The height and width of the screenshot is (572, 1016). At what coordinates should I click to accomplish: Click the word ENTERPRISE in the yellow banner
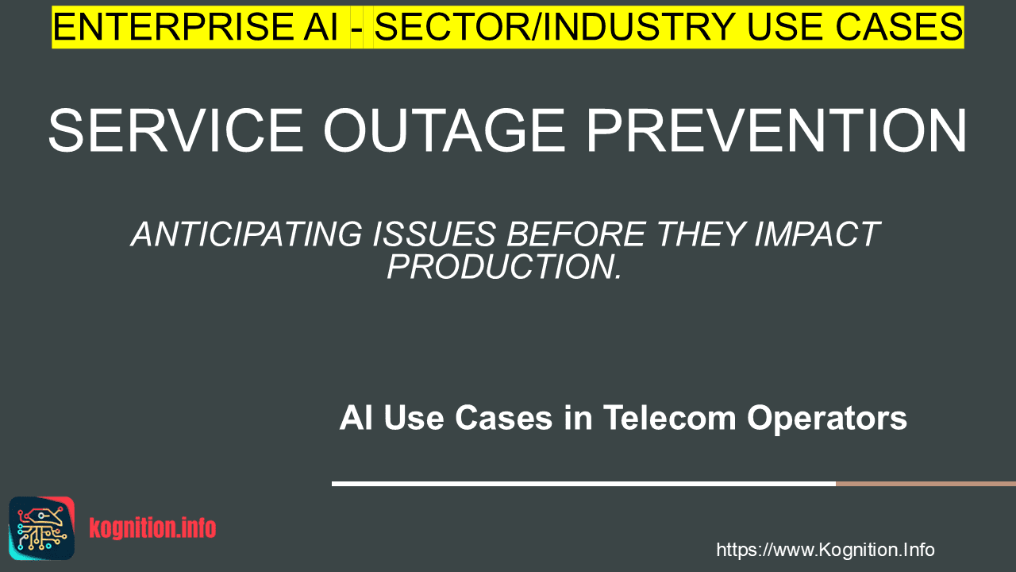(x=172, y=27)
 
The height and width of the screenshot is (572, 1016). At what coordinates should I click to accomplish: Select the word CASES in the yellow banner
(x=899, y=27)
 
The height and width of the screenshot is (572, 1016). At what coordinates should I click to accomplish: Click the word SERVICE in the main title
(x=175, y=130)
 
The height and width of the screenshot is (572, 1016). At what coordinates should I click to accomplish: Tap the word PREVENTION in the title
(x=776, y=130)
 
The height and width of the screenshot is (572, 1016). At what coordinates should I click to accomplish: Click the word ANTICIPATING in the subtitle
(x=247, y=234)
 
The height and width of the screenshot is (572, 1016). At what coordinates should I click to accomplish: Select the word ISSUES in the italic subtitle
(x=434, y=234)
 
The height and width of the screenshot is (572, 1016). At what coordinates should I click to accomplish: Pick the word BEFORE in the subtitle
(x=576, y=234)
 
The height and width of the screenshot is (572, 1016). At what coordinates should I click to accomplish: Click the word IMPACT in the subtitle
(x=817, y=234)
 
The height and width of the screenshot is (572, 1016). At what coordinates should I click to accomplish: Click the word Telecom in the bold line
(x=669, y=418)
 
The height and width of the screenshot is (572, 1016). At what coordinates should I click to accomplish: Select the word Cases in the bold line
(x=503, y=418)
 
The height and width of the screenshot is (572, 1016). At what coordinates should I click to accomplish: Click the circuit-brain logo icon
(x=42, y=528)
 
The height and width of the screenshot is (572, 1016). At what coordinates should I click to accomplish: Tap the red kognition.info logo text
(x=152, y=528)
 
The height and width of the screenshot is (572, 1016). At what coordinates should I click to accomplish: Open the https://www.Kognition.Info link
(x=825, y=551)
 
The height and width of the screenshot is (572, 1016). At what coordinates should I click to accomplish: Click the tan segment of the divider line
(x=926, y=484)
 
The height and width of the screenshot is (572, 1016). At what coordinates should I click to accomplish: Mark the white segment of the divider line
(x=583, y=484)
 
